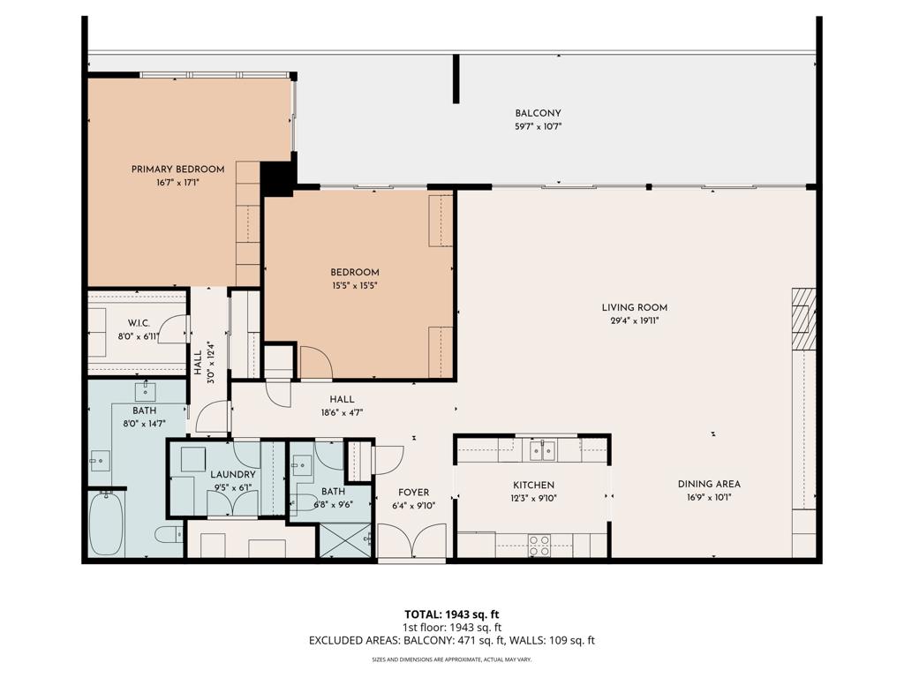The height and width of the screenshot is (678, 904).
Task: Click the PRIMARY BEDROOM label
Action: tap(177, 169)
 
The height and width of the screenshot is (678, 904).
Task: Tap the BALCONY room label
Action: tap(538, 113)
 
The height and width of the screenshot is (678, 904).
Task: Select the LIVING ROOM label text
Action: tap(634, 308)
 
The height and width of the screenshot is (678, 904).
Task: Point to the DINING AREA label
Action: tap(709, 484)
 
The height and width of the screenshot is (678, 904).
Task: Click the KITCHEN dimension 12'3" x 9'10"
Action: tap(534, 498)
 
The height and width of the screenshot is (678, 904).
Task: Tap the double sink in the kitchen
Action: tap(543, 451)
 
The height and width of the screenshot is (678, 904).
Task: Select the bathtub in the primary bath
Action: tap(106, 524)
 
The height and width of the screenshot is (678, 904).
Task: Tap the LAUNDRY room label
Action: tap(233, 475)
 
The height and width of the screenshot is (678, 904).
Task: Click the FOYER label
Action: tap(413, 493)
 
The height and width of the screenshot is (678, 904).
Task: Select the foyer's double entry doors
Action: tap(412, 541)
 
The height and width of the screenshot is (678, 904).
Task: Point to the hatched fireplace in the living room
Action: tap(803, 320)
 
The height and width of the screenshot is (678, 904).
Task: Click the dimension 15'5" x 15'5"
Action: tap(355, 285)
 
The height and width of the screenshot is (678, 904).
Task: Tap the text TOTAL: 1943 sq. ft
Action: tap(451, 614)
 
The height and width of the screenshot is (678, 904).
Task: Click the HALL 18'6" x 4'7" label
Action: tap(342, 405)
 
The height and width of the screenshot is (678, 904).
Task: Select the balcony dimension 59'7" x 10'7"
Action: tap(538, 127)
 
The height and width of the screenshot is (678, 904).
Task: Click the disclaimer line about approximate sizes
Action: tap(451, 659)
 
